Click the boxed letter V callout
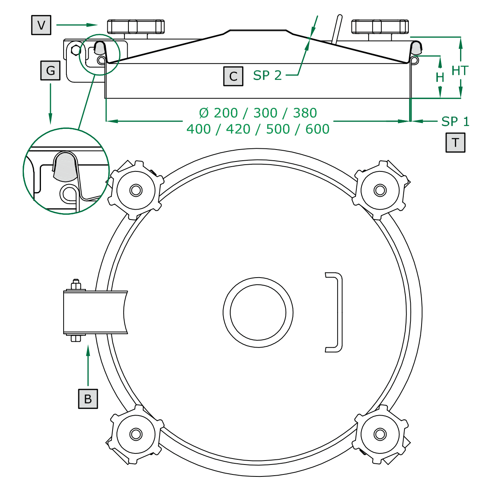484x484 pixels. [x=41, y=25]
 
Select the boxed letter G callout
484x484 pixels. [x=51, y=70]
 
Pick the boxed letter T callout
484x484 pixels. [x=455, y=142]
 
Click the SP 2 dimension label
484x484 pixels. [x=267, y=75]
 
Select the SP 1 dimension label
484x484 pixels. [x=455, y=121]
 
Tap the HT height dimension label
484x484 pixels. [x=460, y=71]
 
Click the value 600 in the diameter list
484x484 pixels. [x=317, y=129]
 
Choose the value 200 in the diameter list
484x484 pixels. [x=225, y=113]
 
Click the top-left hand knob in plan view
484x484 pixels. [x=136, y=190]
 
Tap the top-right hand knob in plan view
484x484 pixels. [x=380, y=190]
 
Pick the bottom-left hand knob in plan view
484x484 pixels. [x=136, y=434]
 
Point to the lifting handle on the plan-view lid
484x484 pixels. [x=336, y=312]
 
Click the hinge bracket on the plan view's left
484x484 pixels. [x=95, y=312]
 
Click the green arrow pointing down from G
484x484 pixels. [x=51, y=103]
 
